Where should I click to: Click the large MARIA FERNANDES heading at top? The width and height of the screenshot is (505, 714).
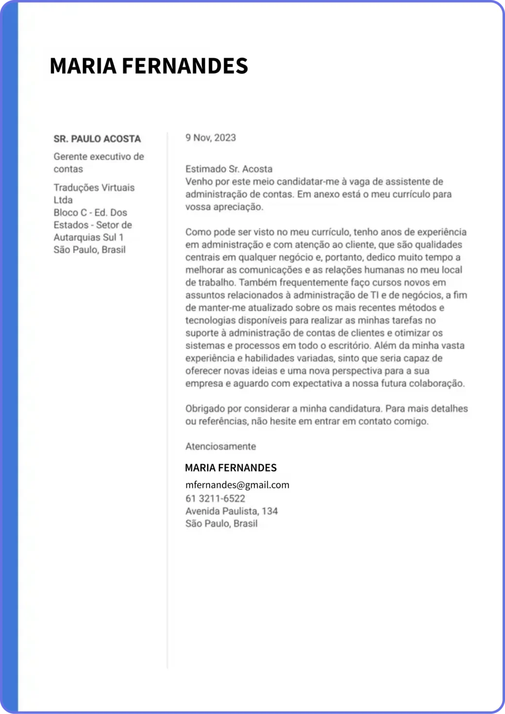click(149, 66)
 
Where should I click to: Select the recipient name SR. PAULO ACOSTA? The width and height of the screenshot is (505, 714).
click(97, 139)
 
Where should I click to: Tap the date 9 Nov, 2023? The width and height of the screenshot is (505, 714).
click(211, 138)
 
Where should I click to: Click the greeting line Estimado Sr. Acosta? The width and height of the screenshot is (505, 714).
click(229, 169)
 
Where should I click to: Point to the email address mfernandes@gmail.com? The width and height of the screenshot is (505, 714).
click(237, 485)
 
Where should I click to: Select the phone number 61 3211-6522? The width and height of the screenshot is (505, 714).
click(215, 498)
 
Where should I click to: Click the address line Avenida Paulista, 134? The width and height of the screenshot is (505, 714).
click(231, 511)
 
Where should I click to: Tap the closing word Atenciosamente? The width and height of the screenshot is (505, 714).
click(220, 446)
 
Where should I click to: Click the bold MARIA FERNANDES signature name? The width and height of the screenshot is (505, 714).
click(231, 468)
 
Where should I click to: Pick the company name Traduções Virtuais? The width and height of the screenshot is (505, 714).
click(94, 188)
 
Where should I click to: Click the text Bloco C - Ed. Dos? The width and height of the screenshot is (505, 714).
click(90, 212)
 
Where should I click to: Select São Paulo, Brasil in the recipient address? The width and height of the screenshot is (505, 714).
click(89, 250)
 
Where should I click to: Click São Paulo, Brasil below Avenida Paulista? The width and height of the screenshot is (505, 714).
click(221, 523)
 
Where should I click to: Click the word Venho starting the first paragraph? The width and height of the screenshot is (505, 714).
click(198, 182)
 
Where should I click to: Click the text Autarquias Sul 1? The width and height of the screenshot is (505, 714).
click(88, 237)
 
